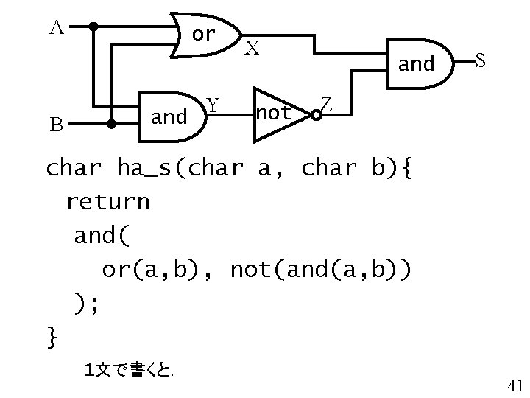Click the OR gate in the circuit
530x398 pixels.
pyautogui.click(x=205, y=35)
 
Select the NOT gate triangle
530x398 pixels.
pyautogui.click(x=278, y=114)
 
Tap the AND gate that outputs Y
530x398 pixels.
pyautogui.click(x=171, y=116)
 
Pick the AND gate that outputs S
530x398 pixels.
pyautogui.click(x=418, y=64)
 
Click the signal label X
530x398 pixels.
pyautogui.click(x=252, y=49)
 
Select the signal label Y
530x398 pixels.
pyautogui.click(x=212, y=106)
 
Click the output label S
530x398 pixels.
pyautogui.click(x=479, y=60)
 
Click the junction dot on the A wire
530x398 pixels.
pyautogui.click(x=93, y=27)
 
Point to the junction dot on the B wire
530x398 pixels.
pyautogui.click(x=111, y=124)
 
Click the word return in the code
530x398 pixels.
pyautogui.click(x=107, y=201)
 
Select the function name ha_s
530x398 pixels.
pyautogui.click(x=148, y=169)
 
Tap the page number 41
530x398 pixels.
pyautogui.click(x=515, y=384)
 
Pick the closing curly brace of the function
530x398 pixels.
pyautogui.click(x=52, y=338)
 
